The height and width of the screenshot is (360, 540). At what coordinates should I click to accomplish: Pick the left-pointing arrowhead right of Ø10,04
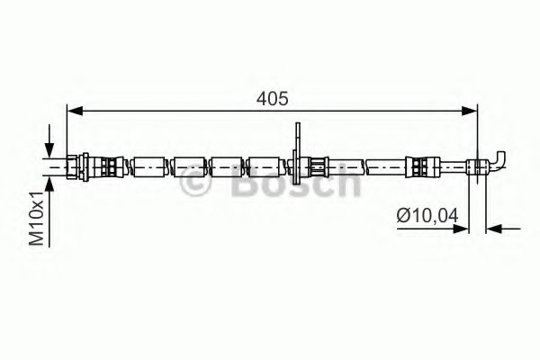click(x=494, y=229)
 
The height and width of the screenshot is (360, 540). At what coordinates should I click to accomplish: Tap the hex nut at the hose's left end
click(x=83, y=165)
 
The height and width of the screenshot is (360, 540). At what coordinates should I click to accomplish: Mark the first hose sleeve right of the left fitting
click(x=149, y=166)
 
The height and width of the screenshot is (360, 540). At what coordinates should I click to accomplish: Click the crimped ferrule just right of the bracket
click(x=319, y=166)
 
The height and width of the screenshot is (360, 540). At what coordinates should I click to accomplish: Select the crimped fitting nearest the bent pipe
click(x=420, y=166)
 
